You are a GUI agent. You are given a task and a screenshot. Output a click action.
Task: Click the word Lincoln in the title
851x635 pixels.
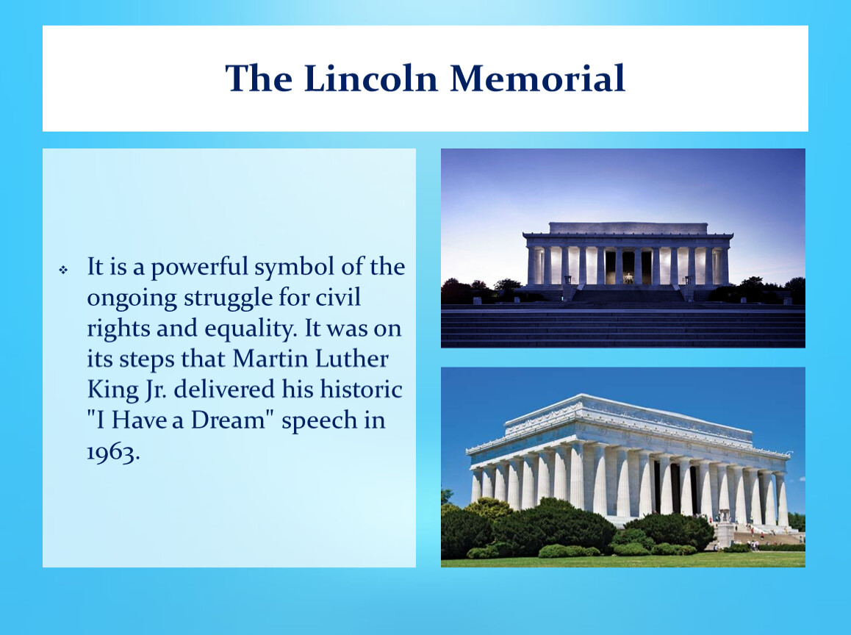click(x=370, y=78)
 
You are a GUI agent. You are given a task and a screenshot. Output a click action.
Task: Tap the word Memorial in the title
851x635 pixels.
click(x=538, y=78)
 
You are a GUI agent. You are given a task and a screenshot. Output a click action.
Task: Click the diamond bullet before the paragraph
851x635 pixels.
click(x=63, y=269)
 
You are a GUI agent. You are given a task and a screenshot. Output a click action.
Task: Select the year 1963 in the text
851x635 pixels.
click(x=113, y=451)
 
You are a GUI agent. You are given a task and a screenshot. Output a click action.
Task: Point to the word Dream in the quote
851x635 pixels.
click(x=229, y=420)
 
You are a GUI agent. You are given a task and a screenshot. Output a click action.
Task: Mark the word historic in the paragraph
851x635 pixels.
click(x=361, y=390)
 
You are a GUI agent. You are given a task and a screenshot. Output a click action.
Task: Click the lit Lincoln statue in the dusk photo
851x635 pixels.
click(x=628, y=278)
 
